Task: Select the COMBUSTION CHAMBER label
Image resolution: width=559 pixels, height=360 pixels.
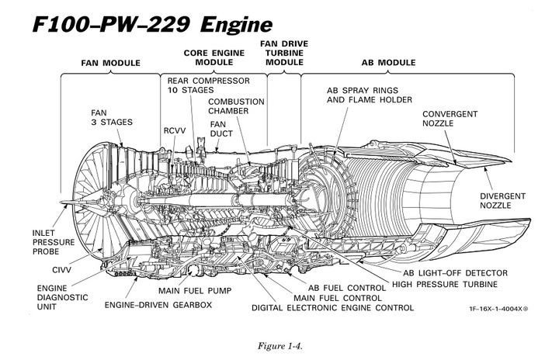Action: (x=236, y=106)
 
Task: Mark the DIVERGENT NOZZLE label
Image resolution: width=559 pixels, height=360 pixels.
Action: (x=502, y=201)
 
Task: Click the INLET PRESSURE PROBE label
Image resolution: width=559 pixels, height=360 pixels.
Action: (x=55, y=243)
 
